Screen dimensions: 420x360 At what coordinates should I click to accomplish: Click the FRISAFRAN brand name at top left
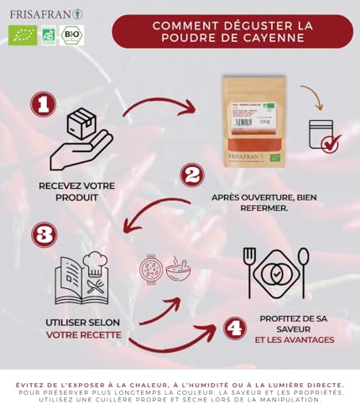(x=40, y=13)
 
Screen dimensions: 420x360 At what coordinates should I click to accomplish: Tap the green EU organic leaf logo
(x=22, y=35)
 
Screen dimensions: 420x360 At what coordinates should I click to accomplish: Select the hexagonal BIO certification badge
(x=72, y=35)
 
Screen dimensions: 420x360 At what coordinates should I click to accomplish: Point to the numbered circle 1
(x=44, y=104)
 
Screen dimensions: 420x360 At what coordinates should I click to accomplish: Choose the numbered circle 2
(x=193, y=176)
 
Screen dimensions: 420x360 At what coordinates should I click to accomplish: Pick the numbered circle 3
(x=44, y=234)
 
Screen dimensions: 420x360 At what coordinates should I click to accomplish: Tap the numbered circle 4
(x=235, y=327)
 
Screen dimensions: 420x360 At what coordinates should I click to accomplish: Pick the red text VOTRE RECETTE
(x=84, y=334)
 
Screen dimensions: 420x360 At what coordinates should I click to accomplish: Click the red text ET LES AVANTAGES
(x=295, y=340)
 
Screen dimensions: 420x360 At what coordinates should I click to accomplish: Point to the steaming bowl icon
(x=177, y=270)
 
